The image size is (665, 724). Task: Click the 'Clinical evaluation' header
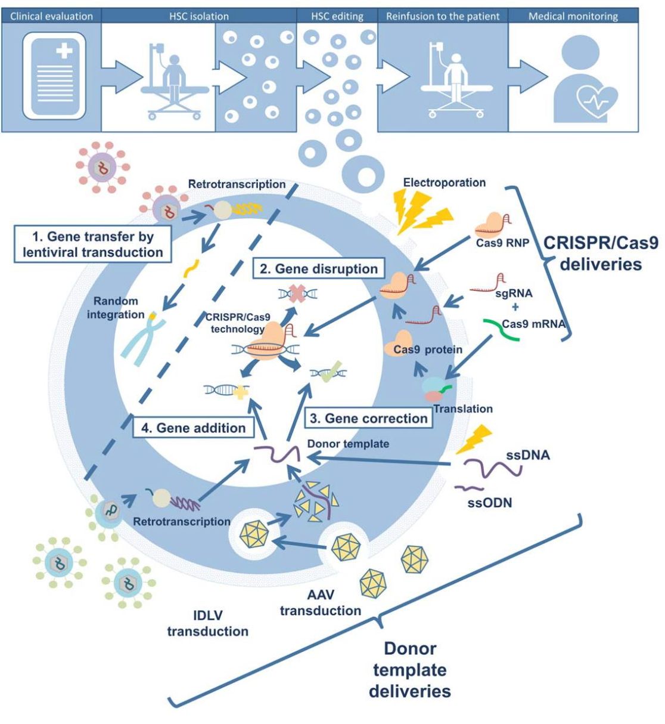point(51,16)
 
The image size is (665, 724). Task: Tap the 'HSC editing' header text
point(337,16)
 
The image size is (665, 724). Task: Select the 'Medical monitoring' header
point(573,16)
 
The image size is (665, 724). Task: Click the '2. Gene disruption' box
point(319,268)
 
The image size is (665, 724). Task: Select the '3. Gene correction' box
point(369,418)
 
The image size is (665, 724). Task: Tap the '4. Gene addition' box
point(193,428)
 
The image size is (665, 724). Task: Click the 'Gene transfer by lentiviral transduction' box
point(93,244)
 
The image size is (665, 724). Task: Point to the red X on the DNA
point(298,294)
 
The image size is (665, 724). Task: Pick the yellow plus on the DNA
point(241,392)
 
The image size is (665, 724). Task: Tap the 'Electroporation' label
point(445,182)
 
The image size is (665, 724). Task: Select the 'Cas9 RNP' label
point(502,243)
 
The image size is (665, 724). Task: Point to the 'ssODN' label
point(490,503)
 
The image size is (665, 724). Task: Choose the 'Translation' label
point(463,409)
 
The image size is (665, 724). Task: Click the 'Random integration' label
point(116,308)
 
